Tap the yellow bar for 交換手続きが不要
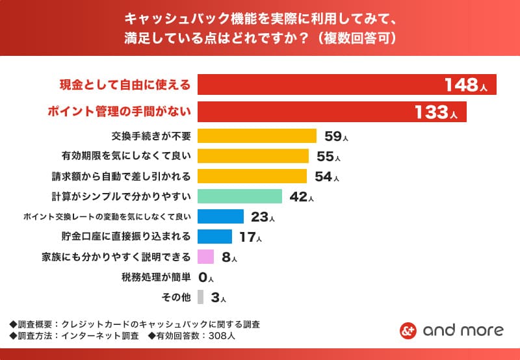[257, 136]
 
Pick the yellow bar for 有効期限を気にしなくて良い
[253, 156]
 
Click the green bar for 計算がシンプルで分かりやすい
[239, 196]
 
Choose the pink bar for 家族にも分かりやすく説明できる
[205, 257]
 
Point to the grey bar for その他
[200, 298]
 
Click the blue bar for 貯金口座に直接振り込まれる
[214, 237]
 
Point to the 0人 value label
[206, 277]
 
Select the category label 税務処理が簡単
[156, 277]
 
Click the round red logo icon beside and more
[408, 330]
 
